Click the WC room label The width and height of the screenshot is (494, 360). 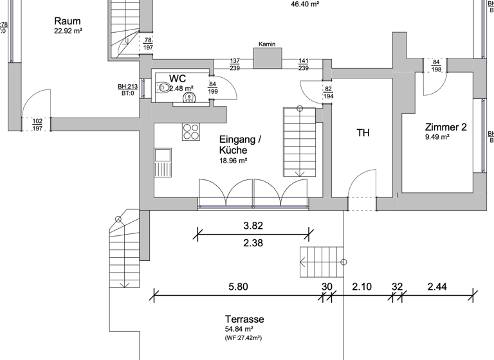178,78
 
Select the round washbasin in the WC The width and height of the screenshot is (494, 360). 189,98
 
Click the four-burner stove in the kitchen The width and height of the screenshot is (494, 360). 191,131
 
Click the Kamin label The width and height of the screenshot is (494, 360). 267,44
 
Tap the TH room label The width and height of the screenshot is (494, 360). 363,133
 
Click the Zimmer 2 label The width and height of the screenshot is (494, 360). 445,127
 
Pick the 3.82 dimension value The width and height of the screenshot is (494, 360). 253,226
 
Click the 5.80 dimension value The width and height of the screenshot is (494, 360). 238,287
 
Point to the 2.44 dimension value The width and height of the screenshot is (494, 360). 436,287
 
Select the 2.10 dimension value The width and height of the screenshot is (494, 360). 362,287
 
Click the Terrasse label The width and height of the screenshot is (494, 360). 244,319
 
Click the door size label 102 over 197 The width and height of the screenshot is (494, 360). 37,125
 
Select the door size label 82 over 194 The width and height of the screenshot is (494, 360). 328,92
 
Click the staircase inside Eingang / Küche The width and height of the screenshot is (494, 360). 300,141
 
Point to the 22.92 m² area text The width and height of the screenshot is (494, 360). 68,30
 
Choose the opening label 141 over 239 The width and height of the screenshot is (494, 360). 303,64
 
